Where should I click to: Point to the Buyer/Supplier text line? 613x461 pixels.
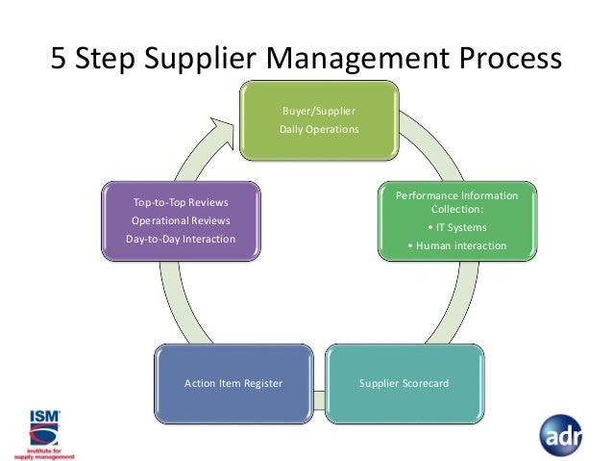pyautogui.click(x=318, y=112)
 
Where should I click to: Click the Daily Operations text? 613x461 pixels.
pyautogui.click(x=318, y=129)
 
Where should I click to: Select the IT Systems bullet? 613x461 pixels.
pyautogui.click(x=457, y=227)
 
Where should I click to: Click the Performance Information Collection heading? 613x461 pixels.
pyautogui.click(x=457, y=202)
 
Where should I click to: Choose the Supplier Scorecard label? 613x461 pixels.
pyautogui.click(x=404, y=383)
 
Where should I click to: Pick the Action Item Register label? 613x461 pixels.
pyautogui.click(x=233, y=383)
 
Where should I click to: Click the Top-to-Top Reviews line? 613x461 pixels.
pyautogui.click(x=182, y=203)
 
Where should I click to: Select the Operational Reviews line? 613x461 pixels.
pyautogui.click(x=182, y=220)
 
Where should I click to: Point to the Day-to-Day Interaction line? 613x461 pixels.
pyautogui.click(x=182, y=238)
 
